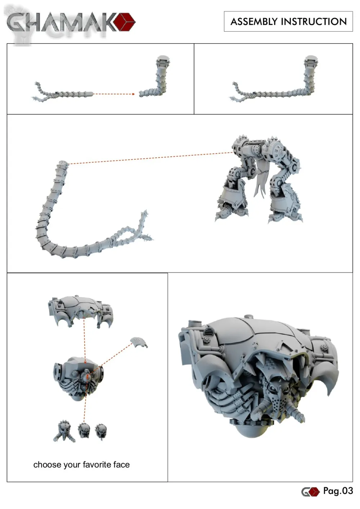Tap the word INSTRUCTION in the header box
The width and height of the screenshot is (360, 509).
[x=314, y=22]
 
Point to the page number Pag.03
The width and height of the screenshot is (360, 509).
[x=338, y=491]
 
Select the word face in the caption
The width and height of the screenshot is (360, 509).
[x=122, y=465]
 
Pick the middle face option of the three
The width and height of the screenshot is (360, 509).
[x=84, y=430]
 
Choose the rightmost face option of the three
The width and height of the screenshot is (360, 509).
[x=100, y=431]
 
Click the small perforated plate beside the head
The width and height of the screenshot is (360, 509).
[x=139, y=343]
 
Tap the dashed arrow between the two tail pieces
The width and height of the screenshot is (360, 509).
[x=114, y=94]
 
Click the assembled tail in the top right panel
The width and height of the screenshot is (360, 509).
[x=274, y=79]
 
